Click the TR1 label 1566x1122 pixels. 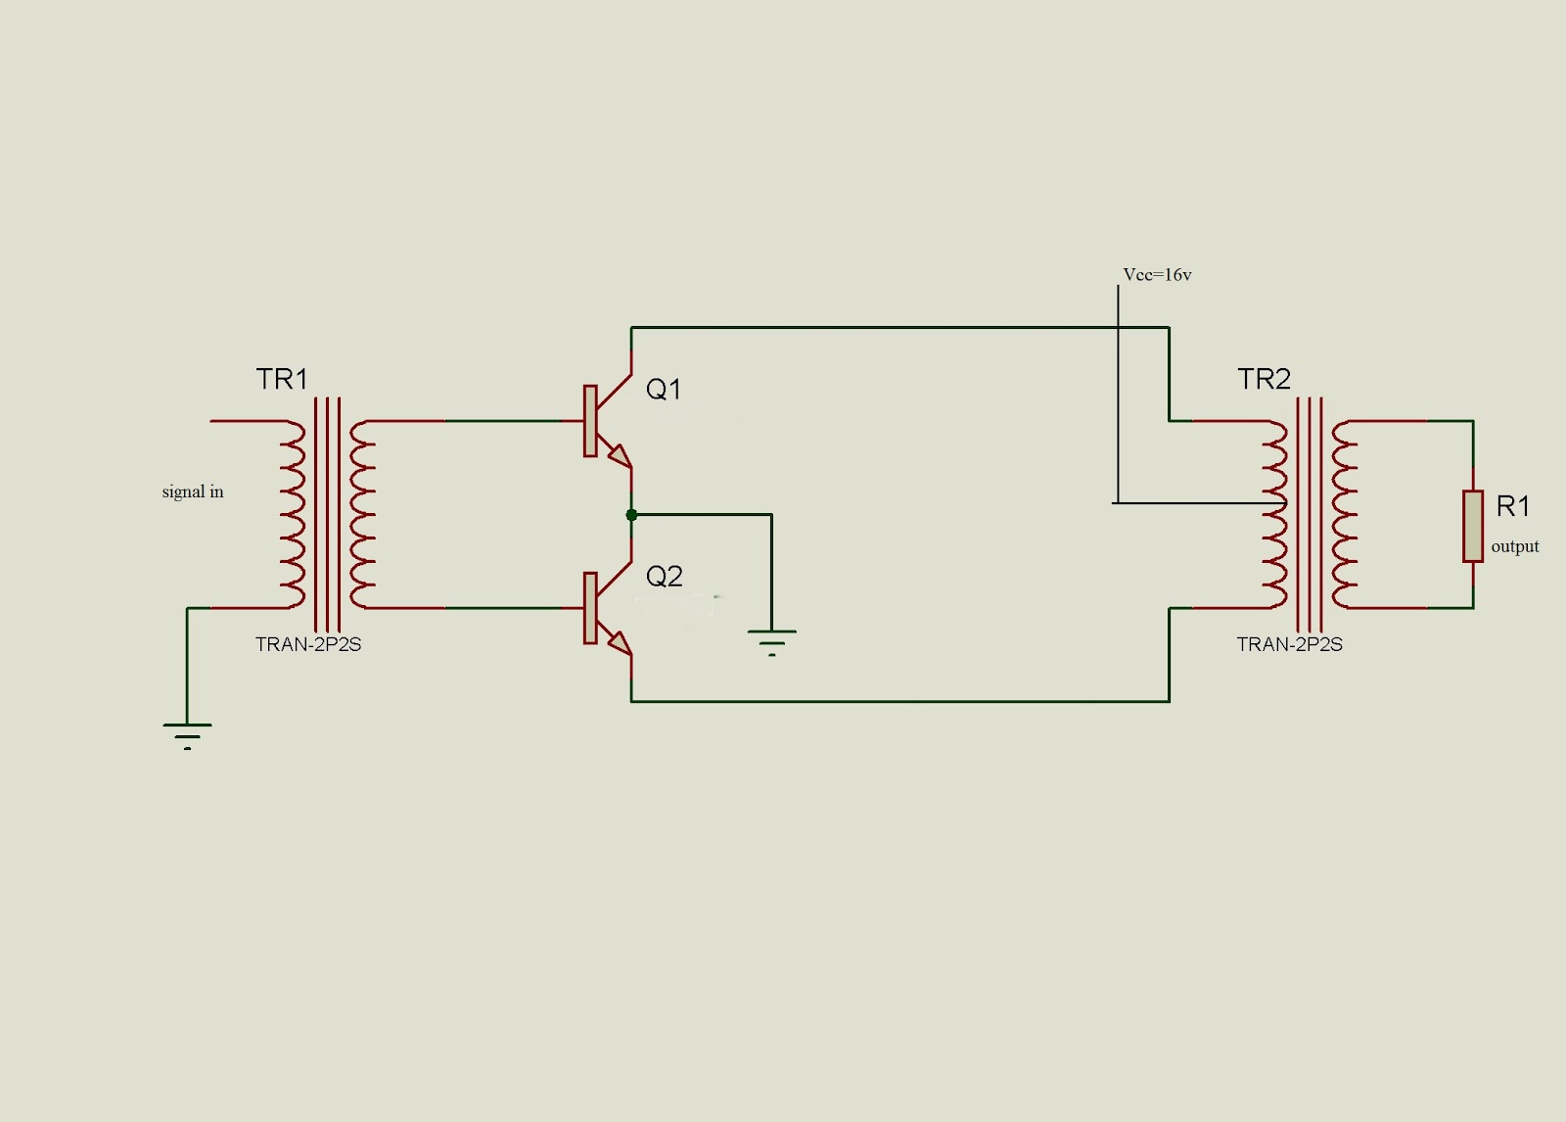coord(282,379)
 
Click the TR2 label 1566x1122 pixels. coord(1264,379)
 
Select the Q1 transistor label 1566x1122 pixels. coord(664,390)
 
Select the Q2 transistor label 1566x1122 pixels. coord(664,577)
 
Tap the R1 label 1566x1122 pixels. coord(1512,506)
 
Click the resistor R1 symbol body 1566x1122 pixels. coord(1472,527)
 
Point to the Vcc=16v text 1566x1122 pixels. coord(1157,275)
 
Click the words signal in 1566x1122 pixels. coord(193,491)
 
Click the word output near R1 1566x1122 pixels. coord(1514,546)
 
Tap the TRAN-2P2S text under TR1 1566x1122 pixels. coord(308,644)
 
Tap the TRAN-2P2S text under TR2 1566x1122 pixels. coord(1289,644)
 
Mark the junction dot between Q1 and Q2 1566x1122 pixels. coord(631,514)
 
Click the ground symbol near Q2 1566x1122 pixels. coord(771,639)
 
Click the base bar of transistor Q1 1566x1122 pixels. coord(590,421)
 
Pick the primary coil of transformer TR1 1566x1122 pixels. coord(293,514)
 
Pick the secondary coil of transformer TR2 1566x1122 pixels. coord(1344,514)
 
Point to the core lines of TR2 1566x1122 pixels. coord(1310,514)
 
